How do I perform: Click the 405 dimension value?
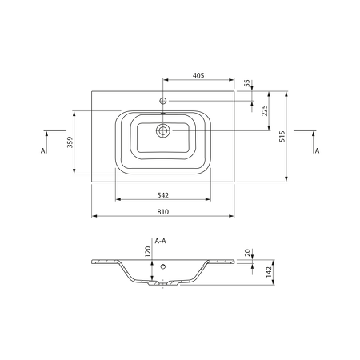click(198, 75)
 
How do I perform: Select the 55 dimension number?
click(247, 83)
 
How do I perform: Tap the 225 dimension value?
click(264, 110)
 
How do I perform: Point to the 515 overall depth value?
click(282, 136)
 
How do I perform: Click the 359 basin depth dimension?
click(70, 142)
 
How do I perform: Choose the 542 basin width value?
click(162, 195)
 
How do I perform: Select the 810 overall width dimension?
click(162, 212)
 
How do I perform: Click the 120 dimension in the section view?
click(147, 252)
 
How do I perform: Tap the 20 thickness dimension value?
click(247, 253)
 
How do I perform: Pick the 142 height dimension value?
click(269, 272)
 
